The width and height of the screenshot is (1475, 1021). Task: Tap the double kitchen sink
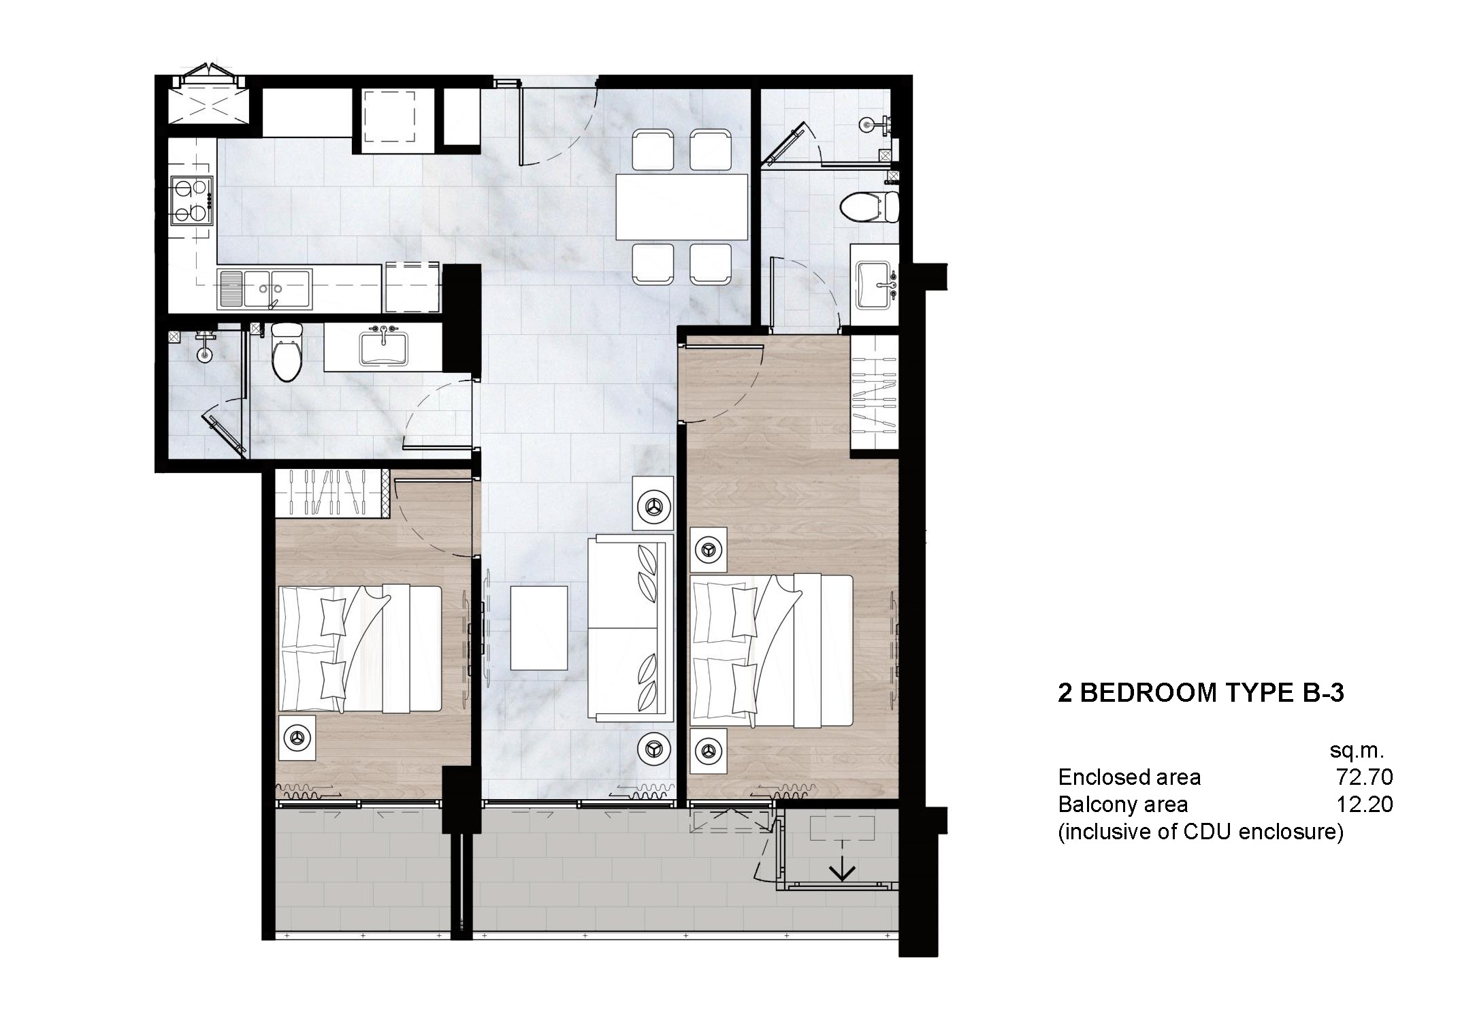pos(265,289)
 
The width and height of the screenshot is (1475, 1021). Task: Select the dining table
pos(681,207)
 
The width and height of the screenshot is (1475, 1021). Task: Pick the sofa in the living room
pos(630,628)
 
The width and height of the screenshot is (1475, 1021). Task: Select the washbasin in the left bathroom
pos(383,347)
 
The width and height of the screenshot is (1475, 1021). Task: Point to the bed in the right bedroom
pos(771,650)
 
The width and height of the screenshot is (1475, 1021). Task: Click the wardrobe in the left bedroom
pos(330,493)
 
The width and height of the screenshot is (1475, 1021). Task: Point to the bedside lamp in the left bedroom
pos(296,736)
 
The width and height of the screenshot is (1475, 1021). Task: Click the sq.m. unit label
pos(1357,750)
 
